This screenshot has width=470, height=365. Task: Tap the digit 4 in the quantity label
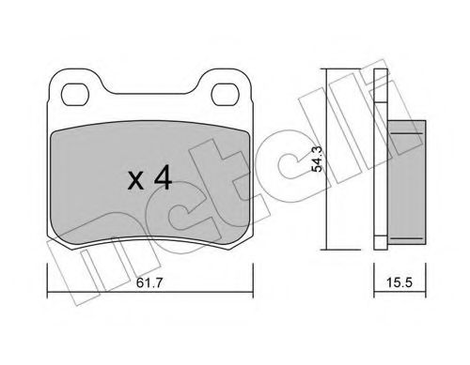(162, 177)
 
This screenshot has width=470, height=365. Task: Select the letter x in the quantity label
(133, 180)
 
